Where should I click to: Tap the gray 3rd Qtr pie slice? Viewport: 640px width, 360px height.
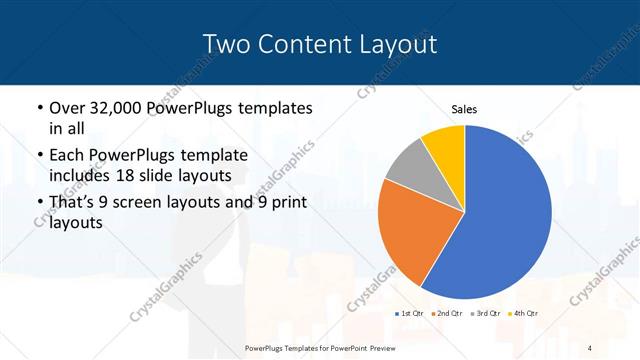pos(409,172)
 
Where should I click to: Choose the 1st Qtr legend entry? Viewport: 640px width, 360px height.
pos(411,314)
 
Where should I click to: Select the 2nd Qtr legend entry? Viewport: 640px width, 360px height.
pos(446,314)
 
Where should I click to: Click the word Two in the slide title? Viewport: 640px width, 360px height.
pos(226,45)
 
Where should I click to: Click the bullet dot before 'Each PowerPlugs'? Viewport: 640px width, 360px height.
pos(39,156)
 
